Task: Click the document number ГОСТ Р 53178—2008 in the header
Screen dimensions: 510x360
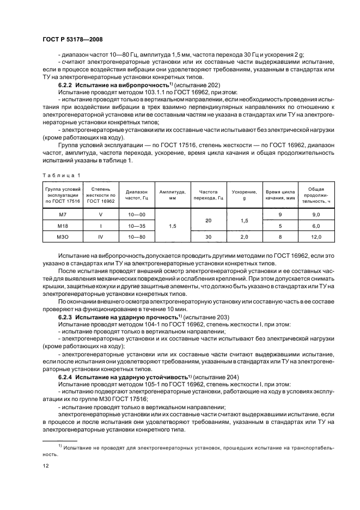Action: [x=72, y=40]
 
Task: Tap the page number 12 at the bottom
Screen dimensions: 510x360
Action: [x=46, y=466]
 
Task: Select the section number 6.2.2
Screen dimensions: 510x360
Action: [x=66, y=87]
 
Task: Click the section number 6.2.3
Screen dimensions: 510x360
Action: [x=66, y=317]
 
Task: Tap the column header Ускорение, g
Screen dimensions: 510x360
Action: [x=244, y=196]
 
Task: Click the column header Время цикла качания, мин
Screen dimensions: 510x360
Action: [x=280, y=196]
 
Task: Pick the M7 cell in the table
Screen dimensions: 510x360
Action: [x=63, y=215]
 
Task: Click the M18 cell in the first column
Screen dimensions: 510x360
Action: [x=63, y=226]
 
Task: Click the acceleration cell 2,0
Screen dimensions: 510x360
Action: [x=244, y=236]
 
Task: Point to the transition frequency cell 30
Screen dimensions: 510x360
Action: [x=208, y=236]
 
